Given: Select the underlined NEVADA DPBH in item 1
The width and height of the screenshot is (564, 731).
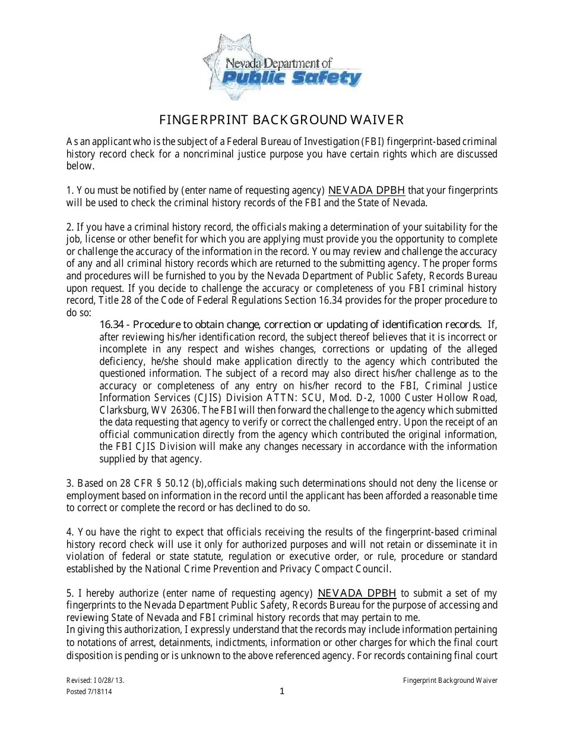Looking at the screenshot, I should (x=367, y=190).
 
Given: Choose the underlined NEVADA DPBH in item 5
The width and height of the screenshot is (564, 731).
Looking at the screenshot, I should (x=357, y=593).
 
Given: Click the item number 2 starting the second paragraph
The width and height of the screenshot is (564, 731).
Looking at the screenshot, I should (x=69, y=227).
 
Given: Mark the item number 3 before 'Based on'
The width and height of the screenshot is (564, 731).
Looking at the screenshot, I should (x=69, y=483).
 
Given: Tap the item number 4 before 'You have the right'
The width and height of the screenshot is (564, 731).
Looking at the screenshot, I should (x=69, y=532).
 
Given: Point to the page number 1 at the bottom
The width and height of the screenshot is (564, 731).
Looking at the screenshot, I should (x=283, y=691).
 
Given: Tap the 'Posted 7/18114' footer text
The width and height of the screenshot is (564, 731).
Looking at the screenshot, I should (x=89, y=692).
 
